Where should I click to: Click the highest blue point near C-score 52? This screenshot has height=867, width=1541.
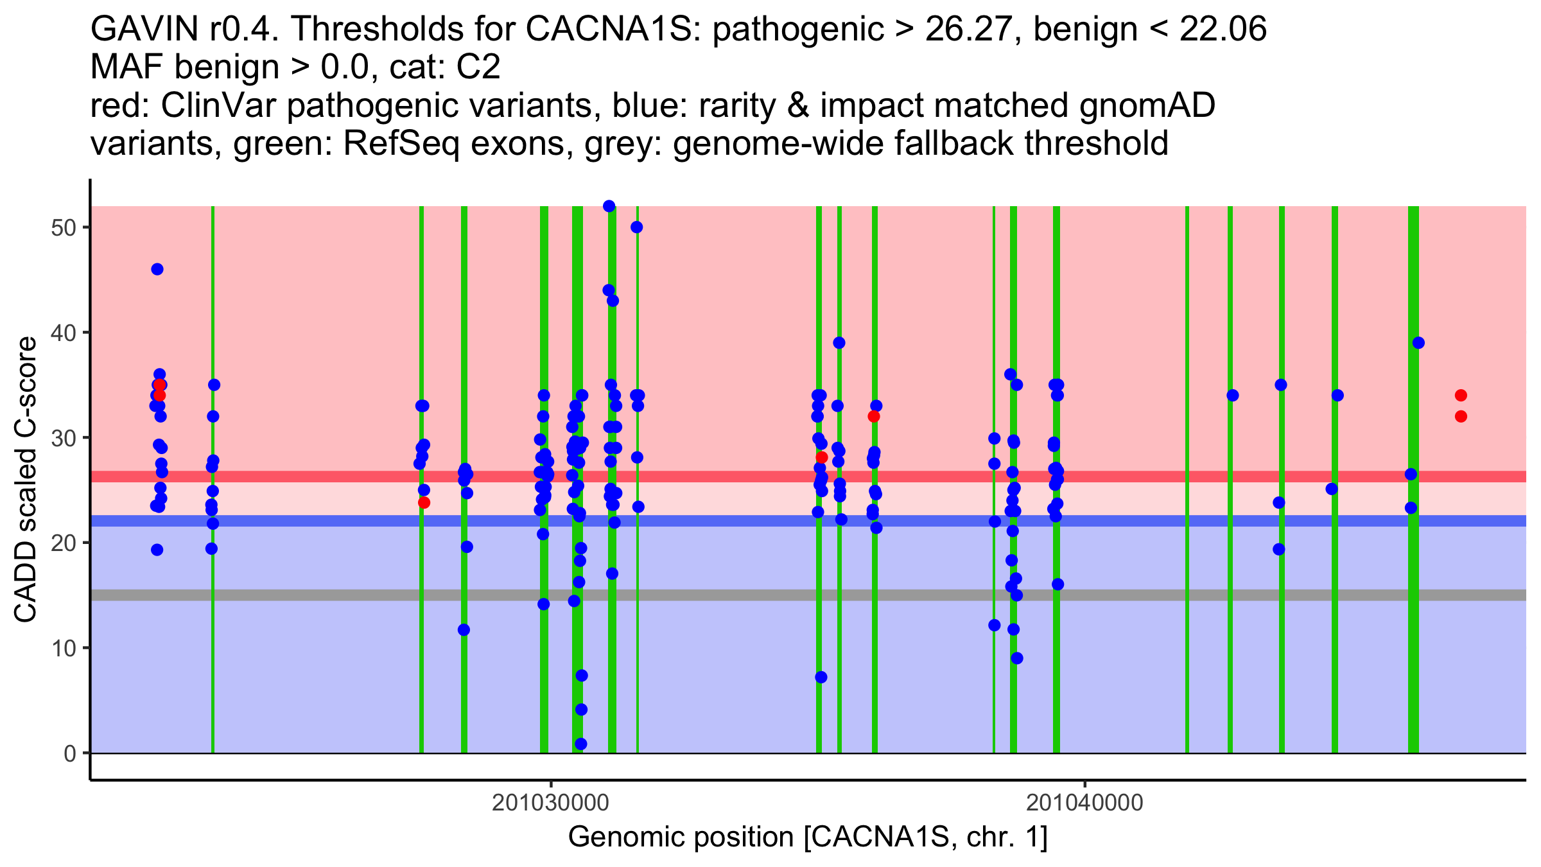609,206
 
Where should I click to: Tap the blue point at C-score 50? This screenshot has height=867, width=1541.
636,227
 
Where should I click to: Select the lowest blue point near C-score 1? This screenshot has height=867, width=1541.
580,744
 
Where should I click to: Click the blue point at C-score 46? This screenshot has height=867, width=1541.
157,269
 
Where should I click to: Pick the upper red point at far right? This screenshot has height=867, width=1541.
1461,395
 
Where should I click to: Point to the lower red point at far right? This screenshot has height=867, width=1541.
1461,416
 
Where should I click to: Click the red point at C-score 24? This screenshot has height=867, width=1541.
424,502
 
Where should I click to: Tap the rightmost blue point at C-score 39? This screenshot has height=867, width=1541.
1418,343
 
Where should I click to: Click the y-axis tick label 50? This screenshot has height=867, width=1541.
63,228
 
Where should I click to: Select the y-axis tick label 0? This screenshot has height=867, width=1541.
69,753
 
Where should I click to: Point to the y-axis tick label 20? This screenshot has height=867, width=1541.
63,543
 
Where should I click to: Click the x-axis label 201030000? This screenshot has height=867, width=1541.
550,803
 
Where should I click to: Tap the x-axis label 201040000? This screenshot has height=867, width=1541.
1084,803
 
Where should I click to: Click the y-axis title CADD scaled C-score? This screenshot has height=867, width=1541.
26,480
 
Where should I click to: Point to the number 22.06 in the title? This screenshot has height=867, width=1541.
1223,30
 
